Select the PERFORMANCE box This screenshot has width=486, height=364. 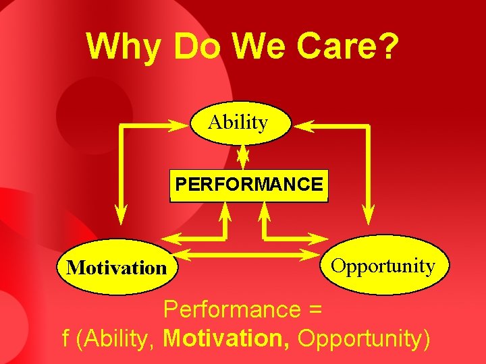(x=248, y=185)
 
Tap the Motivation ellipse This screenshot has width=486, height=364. (x=117, y=268)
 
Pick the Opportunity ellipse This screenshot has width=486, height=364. (x=382, y=266)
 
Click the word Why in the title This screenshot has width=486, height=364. (x=124, y=47)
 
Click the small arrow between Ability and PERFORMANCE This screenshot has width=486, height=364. (x=242, y=157)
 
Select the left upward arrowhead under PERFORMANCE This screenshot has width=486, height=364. (x=226, y=211)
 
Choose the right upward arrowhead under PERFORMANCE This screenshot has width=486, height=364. (x=264, y=211)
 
